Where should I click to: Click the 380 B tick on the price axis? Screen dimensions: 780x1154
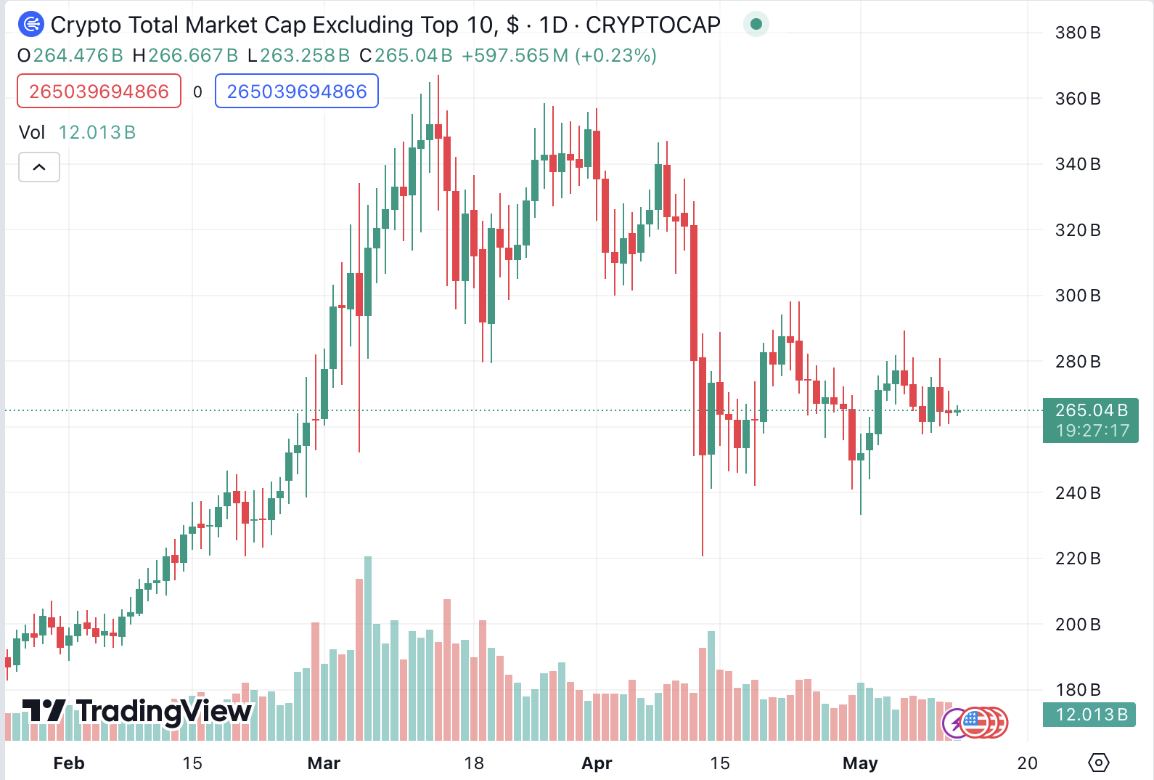coord(1077,33)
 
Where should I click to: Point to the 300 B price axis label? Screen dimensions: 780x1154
coord(1077,296)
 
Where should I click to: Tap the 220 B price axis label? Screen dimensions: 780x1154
coord(1077,558)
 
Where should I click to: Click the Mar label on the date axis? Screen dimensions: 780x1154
coord(324,763)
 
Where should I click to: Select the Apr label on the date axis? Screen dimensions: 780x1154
coord(597,763)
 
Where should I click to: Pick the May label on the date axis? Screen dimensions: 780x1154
coord(860,763)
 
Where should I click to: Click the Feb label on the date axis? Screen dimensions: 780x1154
coord(69,763)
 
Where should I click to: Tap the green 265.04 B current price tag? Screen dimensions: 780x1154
coord(1090,420)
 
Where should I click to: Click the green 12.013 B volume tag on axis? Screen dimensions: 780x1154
coord(1089,715)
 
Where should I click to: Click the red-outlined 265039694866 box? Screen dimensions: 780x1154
coord(99,92)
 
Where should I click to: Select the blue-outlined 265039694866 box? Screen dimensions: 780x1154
coord(297,92)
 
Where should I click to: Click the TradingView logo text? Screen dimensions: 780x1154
coord(138,712)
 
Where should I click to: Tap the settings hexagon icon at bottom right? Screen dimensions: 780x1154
coord(1099,763)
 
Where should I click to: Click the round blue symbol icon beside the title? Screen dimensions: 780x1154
coord(30,25)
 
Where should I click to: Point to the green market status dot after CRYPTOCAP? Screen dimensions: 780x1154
coord(756,25)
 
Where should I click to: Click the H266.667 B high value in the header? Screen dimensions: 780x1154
coord(185,56)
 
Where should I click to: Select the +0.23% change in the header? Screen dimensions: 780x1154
coord(615,56)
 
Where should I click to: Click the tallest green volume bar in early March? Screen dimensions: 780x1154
coord(368,646)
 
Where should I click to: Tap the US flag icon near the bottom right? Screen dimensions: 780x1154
coord(975,722)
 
